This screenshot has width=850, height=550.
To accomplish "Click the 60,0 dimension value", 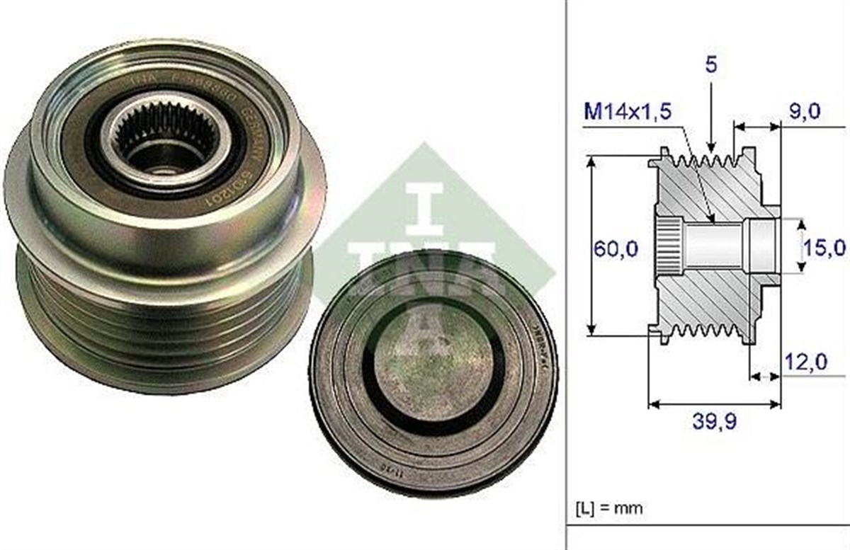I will coord(616,248).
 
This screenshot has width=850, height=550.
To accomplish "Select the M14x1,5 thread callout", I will coord(627,111).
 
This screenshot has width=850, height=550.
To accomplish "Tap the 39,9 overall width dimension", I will coord(714,422).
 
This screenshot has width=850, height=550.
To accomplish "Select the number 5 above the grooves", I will coord(711,64).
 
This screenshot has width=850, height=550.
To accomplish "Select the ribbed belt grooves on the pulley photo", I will coord(163,326).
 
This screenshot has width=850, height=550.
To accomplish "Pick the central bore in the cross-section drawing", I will coord(715,245).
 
